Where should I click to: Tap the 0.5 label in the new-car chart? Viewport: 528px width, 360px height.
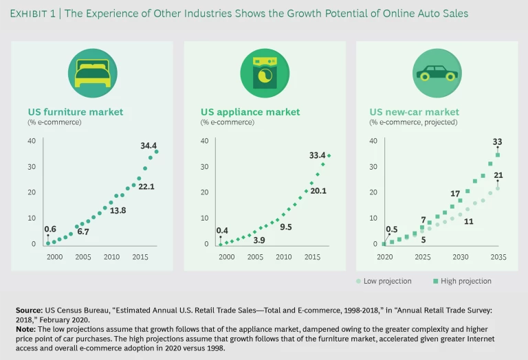point(391,229)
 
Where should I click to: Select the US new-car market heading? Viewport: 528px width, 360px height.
point(414,112)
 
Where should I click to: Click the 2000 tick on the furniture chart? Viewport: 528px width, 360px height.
point(54,256)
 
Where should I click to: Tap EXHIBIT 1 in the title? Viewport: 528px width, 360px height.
point(38,14)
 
